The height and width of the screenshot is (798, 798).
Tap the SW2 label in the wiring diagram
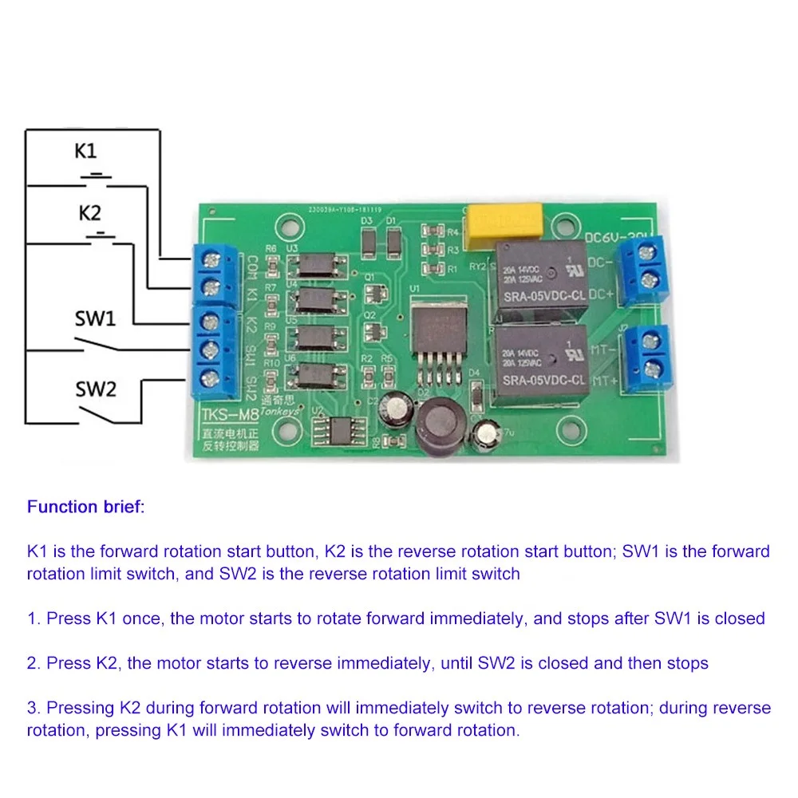coord(96,389)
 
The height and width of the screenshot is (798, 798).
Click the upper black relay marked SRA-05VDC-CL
coord(543,275)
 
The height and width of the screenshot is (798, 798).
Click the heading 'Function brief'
coord(86,507)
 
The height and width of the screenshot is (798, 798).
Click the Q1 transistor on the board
coord(370,291)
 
